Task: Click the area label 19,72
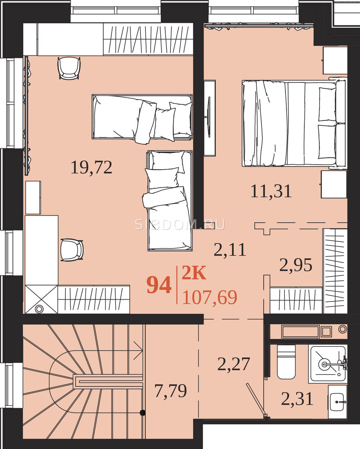tap(92, 167)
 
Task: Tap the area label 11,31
tap(271, 191)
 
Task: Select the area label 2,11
tap(230, 250)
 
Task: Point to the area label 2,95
tap(296, 265)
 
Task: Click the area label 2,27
tap(234, 364)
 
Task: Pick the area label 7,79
tap(170, 391)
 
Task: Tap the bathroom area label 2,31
tap(297, 399)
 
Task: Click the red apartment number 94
tap(159, 285)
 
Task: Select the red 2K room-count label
tap(194, 272)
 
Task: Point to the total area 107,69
tap(210, 297)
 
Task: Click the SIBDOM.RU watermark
tap(180, 224)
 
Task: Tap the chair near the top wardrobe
tap(69, 68)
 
